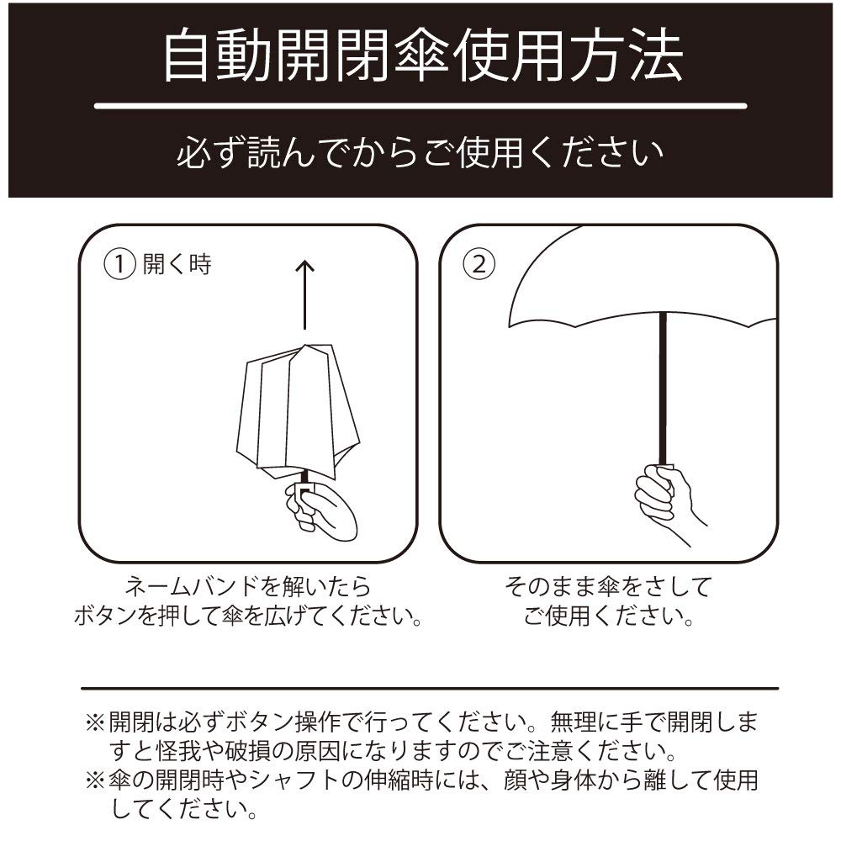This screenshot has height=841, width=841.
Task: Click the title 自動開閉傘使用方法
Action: coord(420,56)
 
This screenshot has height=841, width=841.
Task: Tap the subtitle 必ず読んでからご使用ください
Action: coord(420,154)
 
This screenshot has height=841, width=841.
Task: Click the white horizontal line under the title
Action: coord(420,106)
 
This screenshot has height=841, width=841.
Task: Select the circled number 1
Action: coord(119,264)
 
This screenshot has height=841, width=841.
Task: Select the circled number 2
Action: coord(477,264)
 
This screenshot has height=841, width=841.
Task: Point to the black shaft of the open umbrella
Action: coord(664,387)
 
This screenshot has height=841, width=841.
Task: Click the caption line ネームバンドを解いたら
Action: coord(246,586)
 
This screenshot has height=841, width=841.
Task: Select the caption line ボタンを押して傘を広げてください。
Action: coord(246,618)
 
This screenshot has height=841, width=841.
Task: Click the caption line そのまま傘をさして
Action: coord(608,586)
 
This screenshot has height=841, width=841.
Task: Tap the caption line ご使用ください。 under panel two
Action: coord(608,618)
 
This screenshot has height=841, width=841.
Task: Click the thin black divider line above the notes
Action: coord(429,688)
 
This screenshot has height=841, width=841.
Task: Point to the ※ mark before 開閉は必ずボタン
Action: coord(95,722)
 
